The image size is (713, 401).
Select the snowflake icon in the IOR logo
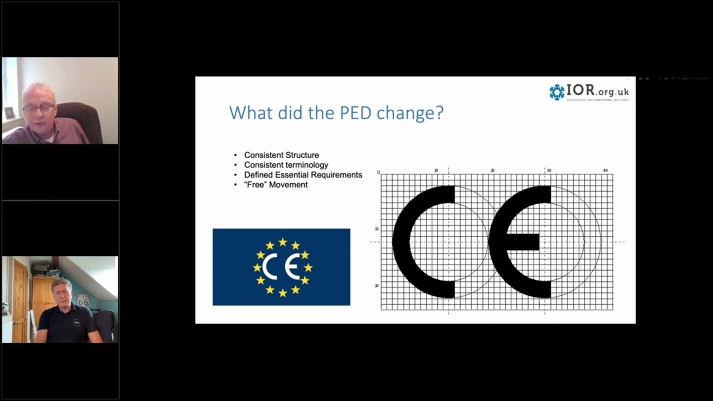click(556, 92)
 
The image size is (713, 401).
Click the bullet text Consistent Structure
click(281, 155)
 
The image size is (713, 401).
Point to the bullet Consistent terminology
click(286, 165)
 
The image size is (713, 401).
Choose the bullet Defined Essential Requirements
click(303, 175)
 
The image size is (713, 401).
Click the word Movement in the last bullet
click(289, 184)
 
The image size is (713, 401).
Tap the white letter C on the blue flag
click(270, 267)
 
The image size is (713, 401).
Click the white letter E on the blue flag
click(291, 267)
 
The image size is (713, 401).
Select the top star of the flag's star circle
click(282, 242)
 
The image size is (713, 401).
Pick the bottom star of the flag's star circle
click(282, 292)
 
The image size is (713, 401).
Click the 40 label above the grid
click(605, 170)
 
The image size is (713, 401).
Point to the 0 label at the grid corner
click(378, 173)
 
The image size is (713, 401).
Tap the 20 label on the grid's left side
click(377, 286)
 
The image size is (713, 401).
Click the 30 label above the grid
click(549, 170)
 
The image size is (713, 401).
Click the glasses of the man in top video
click(39, 106)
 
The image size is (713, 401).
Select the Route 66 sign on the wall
click(83, 300)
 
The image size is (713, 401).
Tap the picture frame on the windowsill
click(9, 113)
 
